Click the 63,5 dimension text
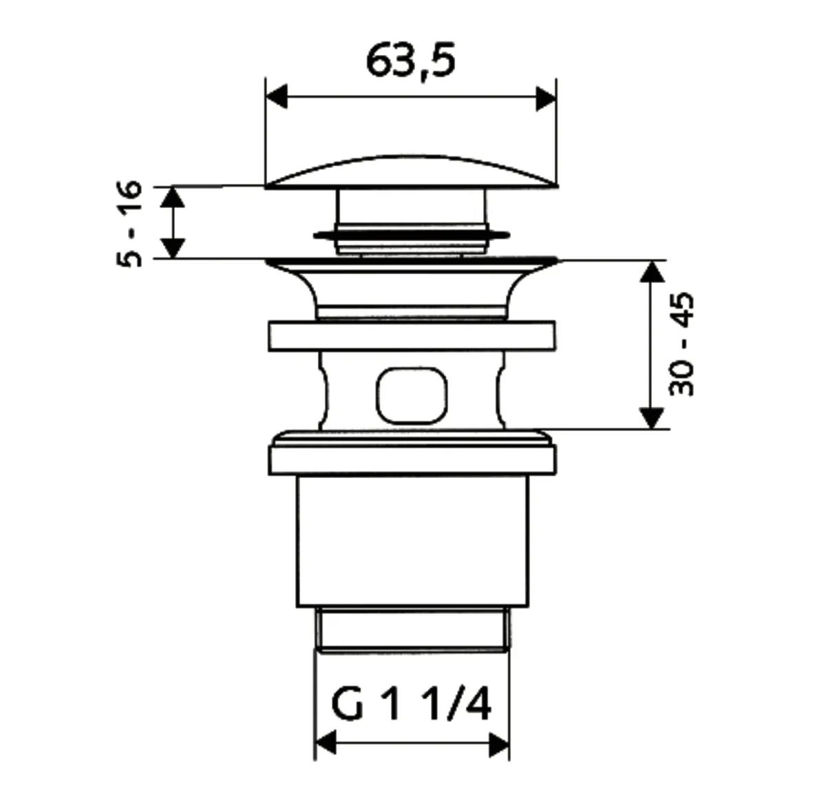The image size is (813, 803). (x=410, y=61)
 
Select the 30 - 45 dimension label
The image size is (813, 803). (x=682, y=344)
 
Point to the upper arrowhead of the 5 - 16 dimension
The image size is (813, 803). (x=173, y=198)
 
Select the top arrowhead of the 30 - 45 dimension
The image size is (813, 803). (x=651, y=273)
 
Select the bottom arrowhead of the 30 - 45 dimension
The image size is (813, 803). (x=651, y=417)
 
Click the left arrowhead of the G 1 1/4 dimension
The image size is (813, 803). (x=326, y=742)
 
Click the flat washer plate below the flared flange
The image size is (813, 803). (x=412, y=336)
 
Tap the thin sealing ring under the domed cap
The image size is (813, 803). (x=412, y=235)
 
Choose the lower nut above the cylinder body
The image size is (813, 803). (x=412, y=458)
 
